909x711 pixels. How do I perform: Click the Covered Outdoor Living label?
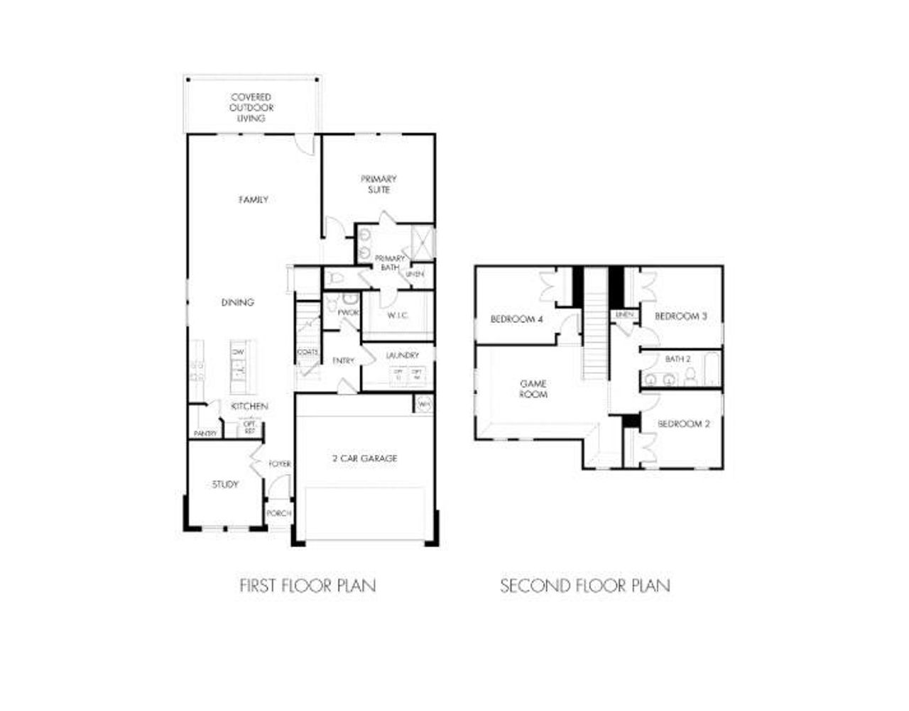[251, 107]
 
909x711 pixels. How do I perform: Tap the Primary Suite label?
[379, 184]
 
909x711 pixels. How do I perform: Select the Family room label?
[254, 200]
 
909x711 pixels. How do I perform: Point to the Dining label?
[237, 302]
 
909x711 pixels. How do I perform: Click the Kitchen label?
[249, 407]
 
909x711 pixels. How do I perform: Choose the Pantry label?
[205, 434]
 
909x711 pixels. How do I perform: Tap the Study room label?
[225, 485]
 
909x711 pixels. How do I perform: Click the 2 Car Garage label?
[364, 458]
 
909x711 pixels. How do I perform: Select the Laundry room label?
[402, 355]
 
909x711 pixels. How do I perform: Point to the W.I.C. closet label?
[398, 315]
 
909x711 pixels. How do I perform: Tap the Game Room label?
[533, 389]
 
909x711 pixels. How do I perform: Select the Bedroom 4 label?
[516, 319]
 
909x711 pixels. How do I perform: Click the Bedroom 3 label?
[680, 316]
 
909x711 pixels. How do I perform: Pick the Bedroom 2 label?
[684, 424]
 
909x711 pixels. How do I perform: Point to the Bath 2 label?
[677, 359]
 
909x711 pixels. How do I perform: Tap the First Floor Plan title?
[307, 586]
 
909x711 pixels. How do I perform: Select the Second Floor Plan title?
[585, 586]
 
